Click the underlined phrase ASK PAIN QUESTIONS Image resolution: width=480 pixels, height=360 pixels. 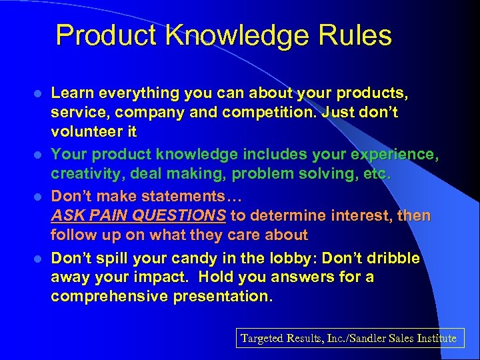point(139,215)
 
